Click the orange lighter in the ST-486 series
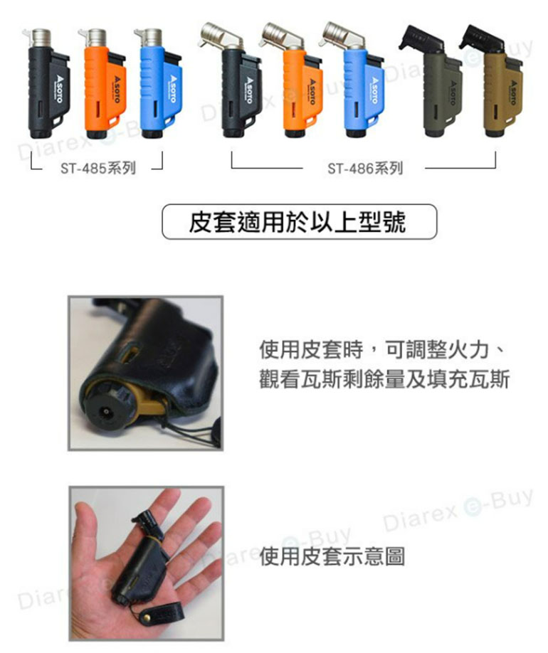(x=295, y=89)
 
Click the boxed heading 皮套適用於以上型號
(x=300, y=222)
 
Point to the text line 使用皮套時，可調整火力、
(x=382, y=350)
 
